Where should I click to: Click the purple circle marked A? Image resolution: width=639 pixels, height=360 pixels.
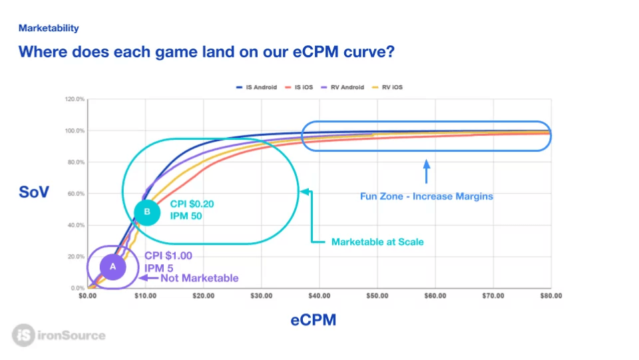[x=112, y=266]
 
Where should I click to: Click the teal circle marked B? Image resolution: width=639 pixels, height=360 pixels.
[x=147, y=212]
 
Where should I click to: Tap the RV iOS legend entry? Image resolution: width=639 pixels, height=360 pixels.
[x=389, y=87]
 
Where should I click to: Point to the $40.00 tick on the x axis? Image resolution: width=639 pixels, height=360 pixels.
[x=319, y=295]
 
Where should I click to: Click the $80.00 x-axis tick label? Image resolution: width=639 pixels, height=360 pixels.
[x=550, y=295]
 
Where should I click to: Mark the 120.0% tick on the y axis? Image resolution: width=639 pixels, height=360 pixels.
[x=74, y=99]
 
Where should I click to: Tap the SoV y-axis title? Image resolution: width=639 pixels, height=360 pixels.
[x=34, y=194]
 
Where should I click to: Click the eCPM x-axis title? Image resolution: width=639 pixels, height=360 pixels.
[x=313, y=320]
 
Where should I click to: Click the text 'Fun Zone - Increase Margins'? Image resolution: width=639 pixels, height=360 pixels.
[x=426, y=196]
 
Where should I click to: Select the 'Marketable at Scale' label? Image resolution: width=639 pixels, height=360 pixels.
[x=377, y=242]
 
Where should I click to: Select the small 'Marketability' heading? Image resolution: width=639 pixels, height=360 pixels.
[x=49, y=28]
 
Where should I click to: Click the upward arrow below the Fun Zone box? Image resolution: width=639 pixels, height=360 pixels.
[x=427, y=171]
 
